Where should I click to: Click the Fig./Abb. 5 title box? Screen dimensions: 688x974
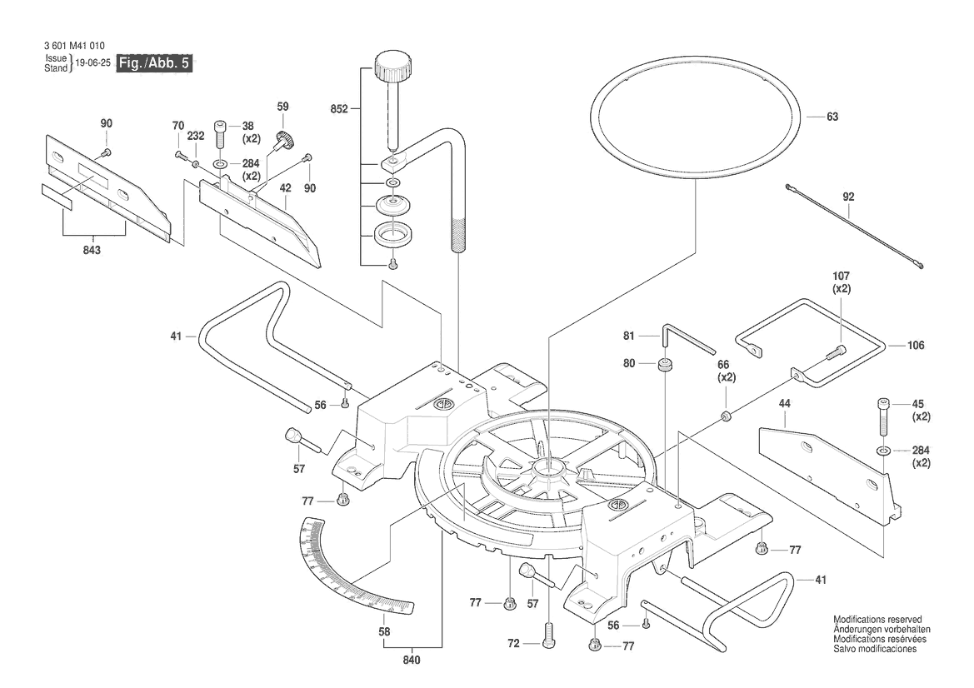point(155,63)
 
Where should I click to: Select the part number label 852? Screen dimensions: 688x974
point(338,108)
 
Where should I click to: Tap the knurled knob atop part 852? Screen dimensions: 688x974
point(389,64)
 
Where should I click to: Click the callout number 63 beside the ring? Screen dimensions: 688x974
point(832,117)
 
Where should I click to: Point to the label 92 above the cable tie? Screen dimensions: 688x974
point(848,198)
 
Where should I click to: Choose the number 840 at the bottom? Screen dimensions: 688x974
point(411,661)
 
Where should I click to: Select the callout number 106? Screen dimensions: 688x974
point(915,345)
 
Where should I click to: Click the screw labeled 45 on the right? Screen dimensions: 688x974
point(883,416)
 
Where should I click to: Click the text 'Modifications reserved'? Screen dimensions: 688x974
point(877,621)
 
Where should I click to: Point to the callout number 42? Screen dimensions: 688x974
point(285,189)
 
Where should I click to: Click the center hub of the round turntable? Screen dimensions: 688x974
point(547,473)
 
